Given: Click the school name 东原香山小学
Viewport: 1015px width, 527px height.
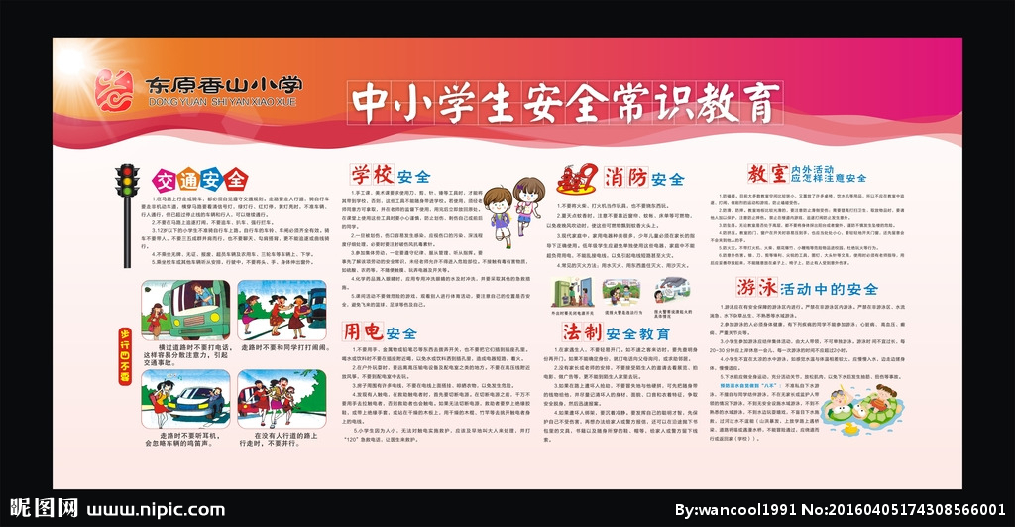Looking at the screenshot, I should pyautogui.click(x=222, y=85).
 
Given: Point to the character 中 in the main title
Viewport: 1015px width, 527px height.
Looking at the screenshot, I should pyautogui.click(x=376, y=100).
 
